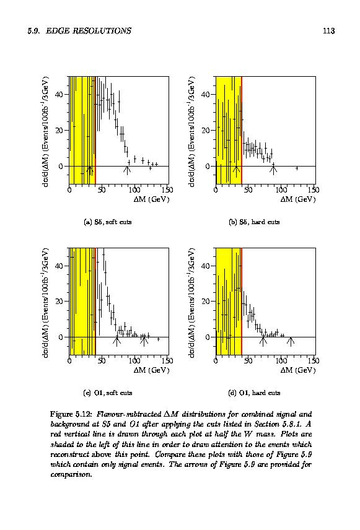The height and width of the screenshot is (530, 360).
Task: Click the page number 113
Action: pos(328,31)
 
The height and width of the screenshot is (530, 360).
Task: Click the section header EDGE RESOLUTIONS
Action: pos(89,31)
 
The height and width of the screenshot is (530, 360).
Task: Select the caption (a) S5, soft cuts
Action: pos(108,222)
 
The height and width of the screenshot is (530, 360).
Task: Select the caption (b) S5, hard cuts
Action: pos(254,222)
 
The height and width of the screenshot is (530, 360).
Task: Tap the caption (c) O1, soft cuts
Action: pos(108,393)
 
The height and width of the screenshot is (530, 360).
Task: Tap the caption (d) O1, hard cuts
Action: pos(254,393)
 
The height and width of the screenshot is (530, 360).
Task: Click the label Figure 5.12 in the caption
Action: pos(71,414)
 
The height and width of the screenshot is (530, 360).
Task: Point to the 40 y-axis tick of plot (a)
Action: pos(59,94)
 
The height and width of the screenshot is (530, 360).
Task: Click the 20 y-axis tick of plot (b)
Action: pos(205,130)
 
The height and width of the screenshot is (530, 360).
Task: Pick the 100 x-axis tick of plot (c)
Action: pos(134,361)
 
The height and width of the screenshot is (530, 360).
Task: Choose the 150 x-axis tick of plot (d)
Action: pos(314,361)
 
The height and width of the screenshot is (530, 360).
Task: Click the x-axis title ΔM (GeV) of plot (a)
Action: pos(151,199)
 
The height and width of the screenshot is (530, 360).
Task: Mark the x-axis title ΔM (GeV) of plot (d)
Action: pos(298,370)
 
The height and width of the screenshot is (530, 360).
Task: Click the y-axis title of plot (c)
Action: pos(47,303)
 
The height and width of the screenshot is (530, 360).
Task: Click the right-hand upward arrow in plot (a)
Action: pos(127,169)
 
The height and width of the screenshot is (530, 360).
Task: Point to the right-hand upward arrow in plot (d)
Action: pos(291,341)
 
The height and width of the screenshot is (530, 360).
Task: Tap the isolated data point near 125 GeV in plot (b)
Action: pos(297,168)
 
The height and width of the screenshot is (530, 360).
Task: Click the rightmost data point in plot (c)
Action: pos(159,339)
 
